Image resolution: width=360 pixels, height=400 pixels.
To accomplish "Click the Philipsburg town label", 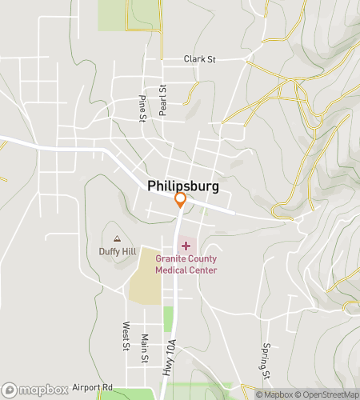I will click(x=183, y=185).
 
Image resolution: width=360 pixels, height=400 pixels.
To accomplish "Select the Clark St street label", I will click(x=201, y=59).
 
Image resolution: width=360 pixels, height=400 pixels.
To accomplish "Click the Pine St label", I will click(x=142, y=108).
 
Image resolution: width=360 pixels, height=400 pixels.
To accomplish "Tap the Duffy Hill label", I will click(x=117, y=251).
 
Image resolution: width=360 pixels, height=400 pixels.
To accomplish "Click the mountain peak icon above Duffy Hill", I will click(x=118, y=238).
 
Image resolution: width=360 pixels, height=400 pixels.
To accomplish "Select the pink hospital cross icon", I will click(x=186, y=244).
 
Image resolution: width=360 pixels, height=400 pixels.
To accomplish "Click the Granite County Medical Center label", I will click(x=186, y=264).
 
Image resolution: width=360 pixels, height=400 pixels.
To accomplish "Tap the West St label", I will click(x=126, y=336).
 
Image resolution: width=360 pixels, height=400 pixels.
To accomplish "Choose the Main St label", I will click(x=145, y=348).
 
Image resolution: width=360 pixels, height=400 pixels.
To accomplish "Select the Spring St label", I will click(x=266, y=360).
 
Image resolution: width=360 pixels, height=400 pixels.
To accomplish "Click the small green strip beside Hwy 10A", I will click(x=169, y=318).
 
